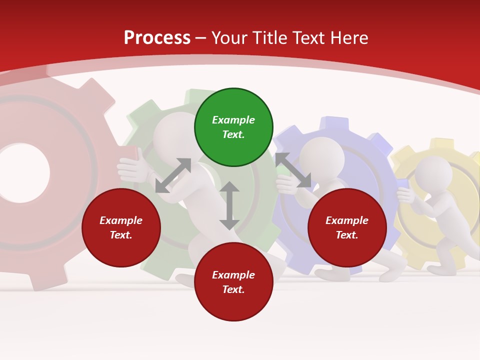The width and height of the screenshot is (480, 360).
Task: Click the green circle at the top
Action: click(233, 127)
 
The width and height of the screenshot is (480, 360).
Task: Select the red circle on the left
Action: click(121, 227)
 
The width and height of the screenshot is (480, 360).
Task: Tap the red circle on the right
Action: click(347, 227)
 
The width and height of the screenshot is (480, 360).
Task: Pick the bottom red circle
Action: click(233, 282)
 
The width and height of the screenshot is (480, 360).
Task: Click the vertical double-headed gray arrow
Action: click(229, 205)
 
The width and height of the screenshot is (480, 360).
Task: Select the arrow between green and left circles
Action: click(173, 175)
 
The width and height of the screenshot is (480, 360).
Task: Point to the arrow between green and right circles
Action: click(293, 170)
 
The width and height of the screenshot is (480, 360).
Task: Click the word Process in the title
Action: click(157, 38)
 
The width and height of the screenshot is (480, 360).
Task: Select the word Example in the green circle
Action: click(233, 120)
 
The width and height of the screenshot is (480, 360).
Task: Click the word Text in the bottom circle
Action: click(232, 289)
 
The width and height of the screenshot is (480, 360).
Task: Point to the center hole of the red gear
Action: click(22, 173)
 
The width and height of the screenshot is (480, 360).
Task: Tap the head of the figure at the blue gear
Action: click(322, 154)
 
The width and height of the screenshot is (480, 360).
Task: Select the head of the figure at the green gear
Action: click(175, 135)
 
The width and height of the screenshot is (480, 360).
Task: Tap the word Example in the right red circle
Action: click(347, 220)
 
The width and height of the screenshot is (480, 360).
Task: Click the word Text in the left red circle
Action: click(120, 235)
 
